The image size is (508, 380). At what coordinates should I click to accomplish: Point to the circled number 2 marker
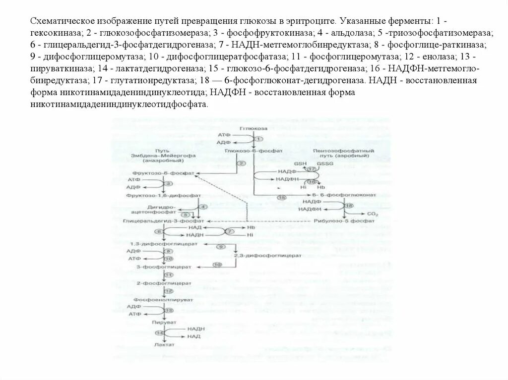pyautogui.click(x=241, y=163)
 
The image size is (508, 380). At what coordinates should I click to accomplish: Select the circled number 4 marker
pyautogui.click(x=202, y=207)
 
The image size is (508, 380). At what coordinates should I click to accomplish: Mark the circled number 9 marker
pyautogui.click(x=221, y=247)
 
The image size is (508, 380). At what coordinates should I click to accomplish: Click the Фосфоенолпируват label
pyautogui.click(x=162, y=300)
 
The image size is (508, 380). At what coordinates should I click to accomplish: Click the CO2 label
pyautogui.click(x=373, y=214)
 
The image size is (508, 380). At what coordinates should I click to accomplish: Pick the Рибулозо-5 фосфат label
pyautogui.click(x=338, y=220)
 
